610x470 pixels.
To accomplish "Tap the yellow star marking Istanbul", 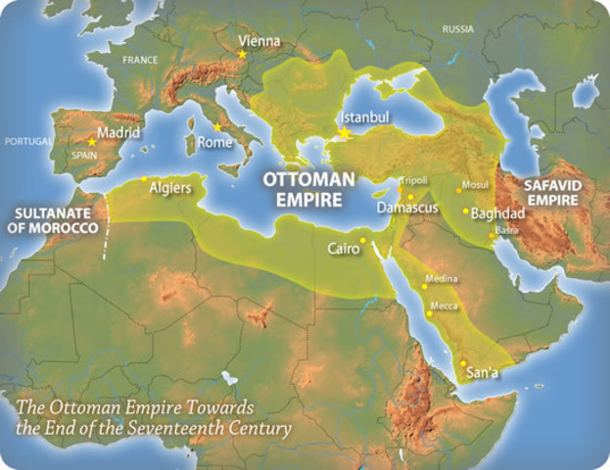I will point(345,132).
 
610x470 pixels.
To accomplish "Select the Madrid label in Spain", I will point(119,133).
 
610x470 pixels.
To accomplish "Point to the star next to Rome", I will point(216,126).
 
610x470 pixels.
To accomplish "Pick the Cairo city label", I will point(343,249).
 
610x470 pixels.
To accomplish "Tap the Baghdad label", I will point(498,212).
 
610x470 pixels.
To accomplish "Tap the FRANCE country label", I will point(139,60).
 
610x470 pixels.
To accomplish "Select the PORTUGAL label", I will point(27,141).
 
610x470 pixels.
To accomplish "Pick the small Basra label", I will point(507,230).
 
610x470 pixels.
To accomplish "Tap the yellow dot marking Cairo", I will point(362,240).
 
